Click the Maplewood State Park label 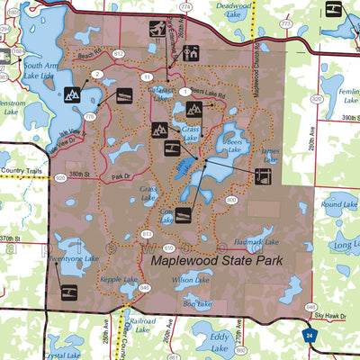coord(217,261)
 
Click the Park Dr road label coord(121,165)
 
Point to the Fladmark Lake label coord(253,242)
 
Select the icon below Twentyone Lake coord(69,291)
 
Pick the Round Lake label coord(339,205)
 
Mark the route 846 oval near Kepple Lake coord(145,287)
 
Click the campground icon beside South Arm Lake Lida coord(72,94)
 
